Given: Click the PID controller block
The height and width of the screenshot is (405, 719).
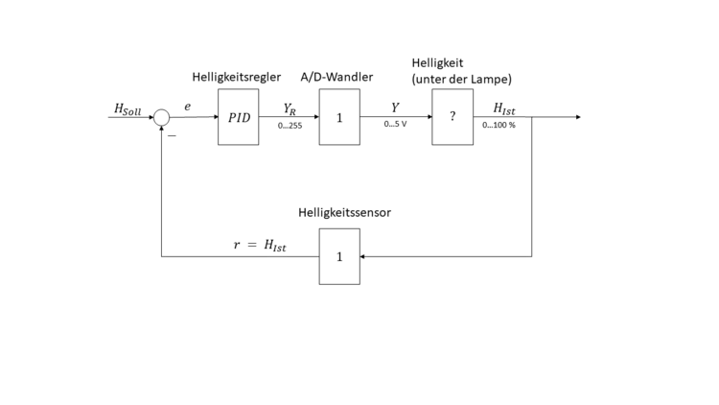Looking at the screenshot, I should [238, 117].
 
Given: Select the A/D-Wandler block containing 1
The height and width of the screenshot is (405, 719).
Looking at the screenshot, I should [339, 117].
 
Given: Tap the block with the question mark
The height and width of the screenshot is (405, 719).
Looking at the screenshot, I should [452, 117].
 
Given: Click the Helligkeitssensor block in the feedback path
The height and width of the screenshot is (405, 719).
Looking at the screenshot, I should [339, 256].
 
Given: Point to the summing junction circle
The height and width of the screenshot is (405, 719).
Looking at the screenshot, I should [162, 117].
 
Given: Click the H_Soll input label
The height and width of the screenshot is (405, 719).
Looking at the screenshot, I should [128, 109].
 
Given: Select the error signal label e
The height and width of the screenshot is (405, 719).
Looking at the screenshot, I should [188, 107].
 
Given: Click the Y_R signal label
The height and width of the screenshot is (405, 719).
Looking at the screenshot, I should [289, 108].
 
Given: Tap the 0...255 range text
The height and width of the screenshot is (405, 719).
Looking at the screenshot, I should [289, 125].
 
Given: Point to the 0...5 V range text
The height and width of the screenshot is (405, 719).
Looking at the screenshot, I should [395, 125].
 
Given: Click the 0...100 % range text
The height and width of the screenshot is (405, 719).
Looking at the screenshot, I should [499, 125].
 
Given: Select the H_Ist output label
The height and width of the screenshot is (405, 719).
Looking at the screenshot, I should [504, 108].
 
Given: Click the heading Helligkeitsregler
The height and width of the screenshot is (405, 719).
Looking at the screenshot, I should [236, 77].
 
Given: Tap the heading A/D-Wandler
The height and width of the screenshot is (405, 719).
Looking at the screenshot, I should [336, 77].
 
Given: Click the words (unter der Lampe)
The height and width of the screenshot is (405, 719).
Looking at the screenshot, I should [461, 78].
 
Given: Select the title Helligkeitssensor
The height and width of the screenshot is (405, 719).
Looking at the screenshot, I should [344, 212].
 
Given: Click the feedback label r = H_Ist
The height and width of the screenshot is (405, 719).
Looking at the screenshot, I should [261, 245].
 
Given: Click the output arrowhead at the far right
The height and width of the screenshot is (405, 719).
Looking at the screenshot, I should [576, 117].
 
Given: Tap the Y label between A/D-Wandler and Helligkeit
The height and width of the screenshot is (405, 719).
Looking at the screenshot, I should [395, 107].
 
